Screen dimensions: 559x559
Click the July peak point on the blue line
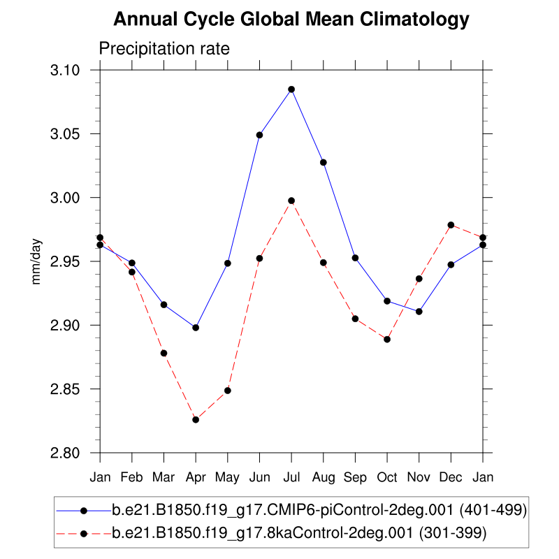point(291,89)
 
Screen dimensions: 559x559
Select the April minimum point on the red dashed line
point(196,420)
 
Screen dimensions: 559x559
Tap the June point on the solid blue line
point(259,135)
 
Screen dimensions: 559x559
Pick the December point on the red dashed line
point(451,225)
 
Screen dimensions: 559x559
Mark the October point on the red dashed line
point(387,340)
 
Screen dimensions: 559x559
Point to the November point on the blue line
point(419,312)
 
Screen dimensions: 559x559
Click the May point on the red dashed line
point(227,391)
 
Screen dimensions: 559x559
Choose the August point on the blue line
point(324,163)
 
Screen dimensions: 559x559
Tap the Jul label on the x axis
point(291,477)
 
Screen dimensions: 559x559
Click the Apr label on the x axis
point(196,477)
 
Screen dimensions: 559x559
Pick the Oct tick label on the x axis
point(387,477)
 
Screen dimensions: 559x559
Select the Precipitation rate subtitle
point(164,49)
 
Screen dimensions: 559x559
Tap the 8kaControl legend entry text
point(298,533)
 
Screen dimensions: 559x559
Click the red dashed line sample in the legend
point(83,533)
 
